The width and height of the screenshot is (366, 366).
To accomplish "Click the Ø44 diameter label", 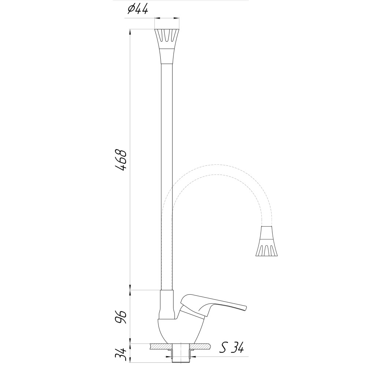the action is point(138,10).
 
